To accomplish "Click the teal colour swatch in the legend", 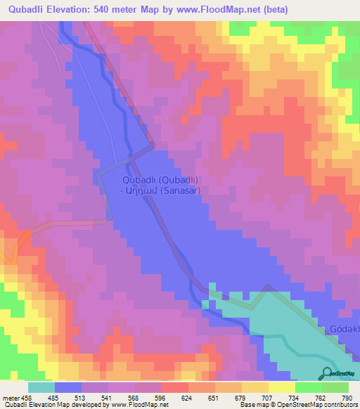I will coord(41,387).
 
